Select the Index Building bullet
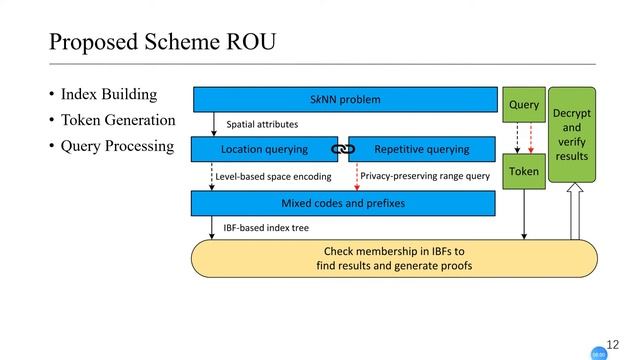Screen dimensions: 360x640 109,95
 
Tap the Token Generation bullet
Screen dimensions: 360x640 118,121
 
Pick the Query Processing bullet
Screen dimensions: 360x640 117,147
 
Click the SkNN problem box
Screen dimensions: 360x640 345,100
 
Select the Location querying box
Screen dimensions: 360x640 264,150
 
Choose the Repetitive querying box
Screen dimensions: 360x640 421,150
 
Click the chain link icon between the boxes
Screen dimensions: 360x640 343,150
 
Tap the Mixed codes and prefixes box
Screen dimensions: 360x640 343,204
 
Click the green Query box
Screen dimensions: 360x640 524,105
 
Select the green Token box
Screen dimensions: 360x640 524,172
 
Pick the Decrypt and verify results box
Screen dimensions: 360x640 572,135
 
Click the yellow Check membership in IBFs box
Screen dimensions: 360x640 394,258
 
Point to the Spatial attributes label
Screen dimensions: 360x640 262,125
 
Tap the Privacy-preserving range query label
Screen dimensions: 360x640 425,176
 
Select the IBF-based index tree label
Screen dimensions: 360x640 266,229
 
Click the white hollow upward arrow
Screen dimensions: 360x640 575,215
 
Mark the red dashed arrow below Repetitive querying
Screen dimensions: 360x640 357,176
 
